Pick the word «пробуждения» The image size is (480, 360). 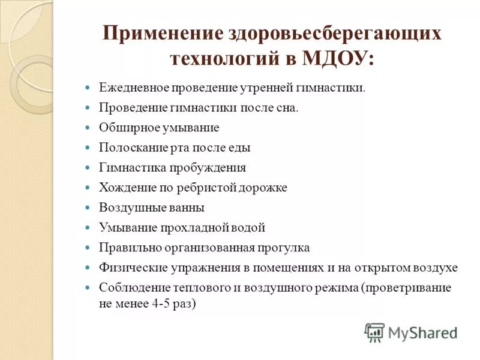coord(206,167)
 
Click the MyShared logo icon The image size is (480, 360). coord(374,332)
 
